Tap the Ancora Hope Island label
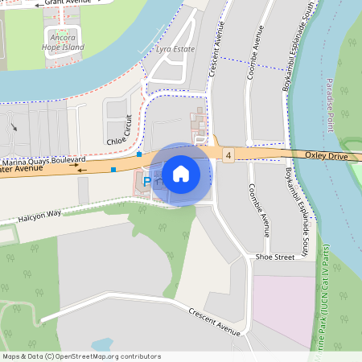63,42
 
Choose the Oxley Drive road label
326,154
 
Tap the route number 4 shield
229,154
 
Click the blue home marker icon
181,174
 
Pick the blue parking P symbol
147,183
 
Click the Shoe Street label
275,257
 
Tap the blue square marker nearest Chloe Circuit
139,153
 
